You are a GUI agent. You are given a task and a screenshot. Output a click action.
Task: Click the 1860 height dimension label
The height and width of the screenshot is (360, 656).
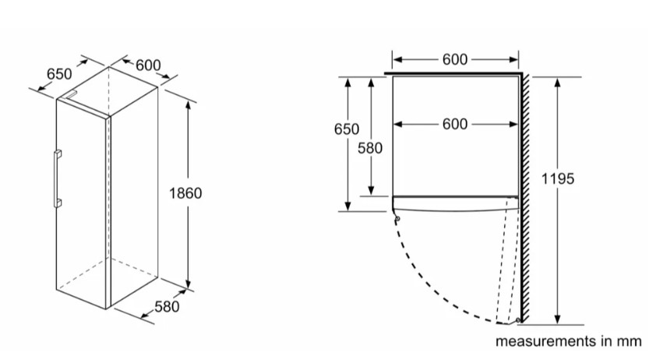click(x=185, y=193)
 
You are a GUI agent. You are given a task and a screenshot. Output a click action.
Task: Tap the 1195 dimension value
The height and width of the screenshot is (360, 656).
click(x=558, y=179)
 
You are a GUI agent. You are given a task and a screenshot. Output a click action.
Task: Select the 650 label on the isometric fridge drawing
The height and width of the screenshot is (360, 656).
click(x=59, y=74)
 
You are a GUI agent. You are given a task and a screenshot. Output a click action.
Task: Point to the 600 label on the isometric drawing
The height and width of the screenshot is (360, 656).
click(x=148, y=65)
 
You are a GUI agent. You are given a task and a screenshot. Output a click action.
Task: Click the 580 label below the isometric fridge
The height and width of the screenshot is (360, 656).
click(x=166, y=307)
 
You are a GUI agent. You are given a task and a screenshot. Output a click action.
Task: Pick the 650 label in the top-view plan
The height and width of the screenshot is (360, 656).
click(x=347, y=130)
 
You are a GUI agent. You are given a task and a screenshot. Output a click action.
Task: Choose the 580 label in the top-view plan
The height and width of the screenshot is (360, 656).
click(x=370, y=148)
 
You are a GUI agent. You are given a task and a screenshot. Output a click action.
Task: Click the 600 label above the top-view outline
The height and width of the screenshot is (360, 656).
click(x=455, y=59)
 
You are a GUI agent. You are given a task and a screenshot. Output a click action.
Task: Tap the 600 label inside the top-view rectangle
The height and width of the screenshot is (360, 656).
click(x=455, y=124)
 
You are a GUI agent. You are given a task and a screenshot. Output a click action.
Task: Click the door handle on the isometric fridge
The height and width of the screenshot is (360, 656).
click(x=57, y=178)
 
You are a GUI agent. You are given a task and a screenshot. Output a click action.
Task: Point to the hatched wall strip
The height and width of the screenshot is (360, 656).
click(x=527, y=195)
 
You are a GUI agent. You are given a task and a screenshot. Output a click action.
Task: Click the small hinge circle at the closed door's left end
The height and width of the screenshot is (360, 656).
click(x=397, y=219)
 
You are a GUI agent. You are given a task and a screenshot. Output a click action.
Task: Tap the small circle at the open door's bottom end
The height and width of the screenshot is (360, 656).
click(x=518, y=319)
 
